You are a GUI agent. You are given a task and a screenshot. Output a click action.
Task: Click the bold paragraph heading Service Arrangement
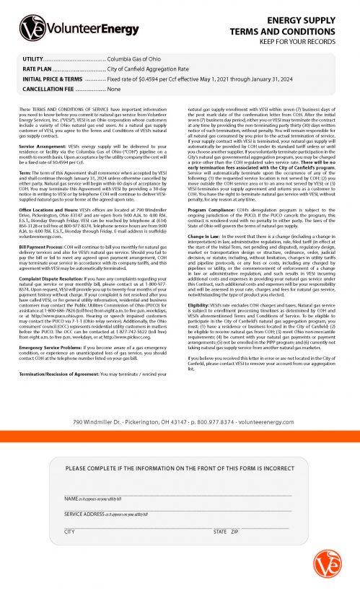[43, 145]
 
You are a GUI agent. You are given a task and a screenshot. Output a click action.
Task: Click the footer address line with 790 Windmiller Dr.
[180, 402]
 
